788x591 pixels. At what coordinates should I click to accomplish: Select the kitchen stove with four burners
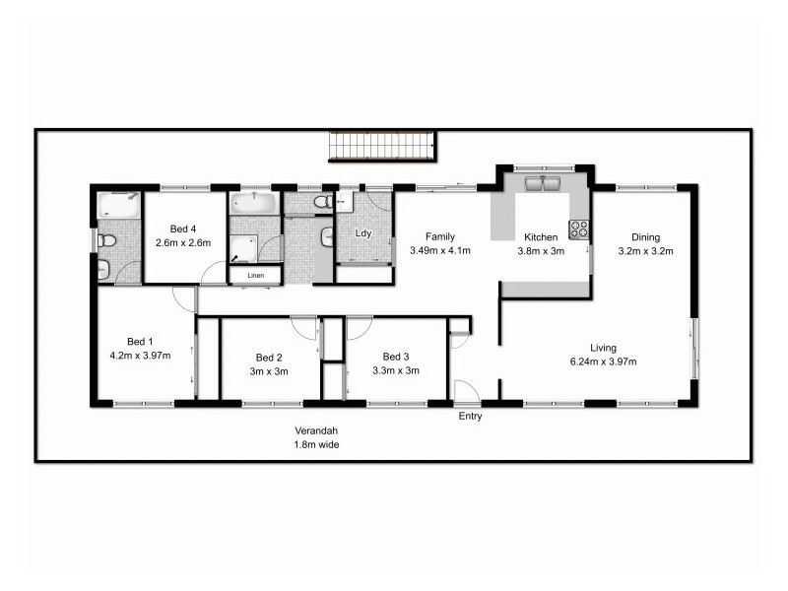click(x=579, y=230)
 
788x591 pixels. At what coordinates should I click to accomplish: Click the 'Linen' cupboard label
click(x=255, y=276)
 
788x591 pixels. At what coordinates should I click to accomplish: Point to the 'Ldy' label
click(x=362, y=233)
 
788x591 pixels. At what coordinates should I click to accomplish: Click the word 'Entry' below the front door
click(x=471, y=417)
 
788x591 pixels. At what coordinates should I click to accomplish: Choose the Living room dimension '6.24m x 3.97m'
click(x=603, y=361)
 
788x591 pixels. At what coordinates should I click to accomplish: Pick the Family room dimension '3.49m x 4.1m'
click(x=439, y=250)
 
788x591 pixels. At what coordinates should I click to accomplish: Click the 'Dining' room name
click(x=645, y=236)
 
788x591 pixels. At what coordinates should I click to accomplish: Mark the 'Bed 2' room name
click(x=269, y=358)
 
